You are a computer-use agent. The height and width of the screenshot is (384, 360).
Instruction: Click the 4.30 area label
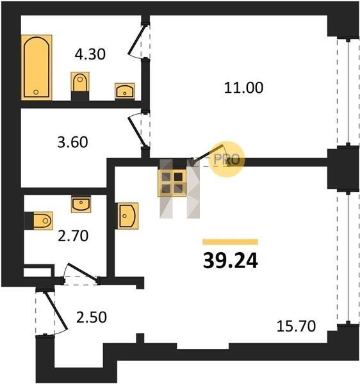(90, 54)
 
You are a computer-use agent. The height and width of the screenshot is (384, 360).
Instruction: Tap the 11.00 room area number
(243, 88)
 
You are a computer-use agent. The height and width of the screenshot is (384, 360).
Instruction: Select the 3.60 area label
(72, 142)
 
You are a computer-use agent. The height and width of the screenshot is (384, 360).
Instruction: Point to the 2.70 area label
(73, 236)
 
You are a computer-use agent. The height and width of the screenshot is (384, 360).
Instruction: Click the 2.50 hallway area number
(92, 317)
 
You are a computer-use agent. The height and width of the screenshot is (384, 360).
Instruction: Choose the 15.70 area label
(296, 326)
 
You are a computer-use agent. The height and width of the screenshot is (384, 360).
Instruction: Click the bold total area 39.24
(231, 261)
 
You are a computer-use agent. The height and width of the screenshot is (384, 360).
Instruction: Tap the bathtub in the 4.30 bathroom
(37, 68)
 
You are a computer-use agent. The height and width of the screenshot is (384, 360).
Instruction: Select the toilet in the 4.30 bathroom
(80, 86)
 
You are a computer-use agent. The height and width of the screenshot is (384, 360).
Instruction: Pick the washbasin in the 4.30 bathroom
(125, 92)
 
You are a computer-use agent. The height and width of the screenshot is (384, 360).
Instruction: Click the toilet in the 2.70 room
(38, 221)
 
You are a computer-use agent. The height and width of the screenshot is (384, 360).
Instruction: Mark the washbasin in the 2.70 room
(81, 204)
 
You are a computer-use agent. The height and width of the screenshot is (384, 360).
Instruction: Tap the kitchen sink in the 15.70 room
(127, 216)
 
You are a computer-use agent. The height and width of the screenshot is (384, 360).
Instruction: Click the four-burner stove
(172, 183)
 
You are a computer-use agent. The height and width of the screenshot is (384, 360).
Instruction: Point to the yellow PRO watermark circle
(228, 159)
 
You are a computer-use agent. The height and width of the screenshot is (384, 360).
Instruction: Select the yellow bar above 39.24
(231, 242)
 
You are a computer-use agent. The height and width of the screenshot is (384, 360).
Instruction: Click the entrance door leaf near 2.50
(56, 310)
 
